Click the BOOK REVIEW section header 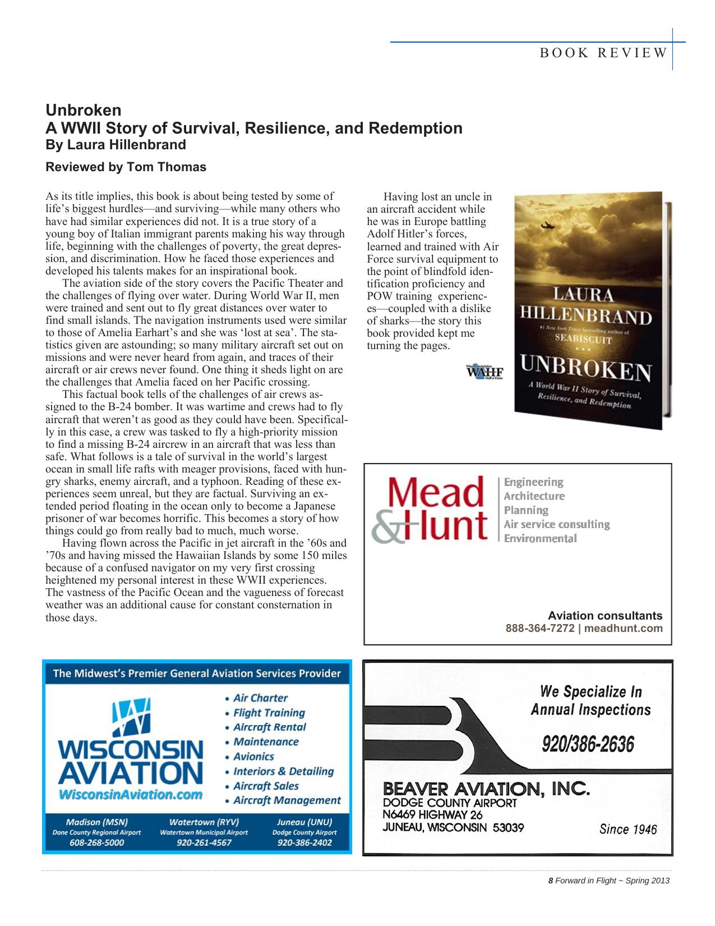click(603, 53)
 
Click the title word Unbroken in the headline click(83, 109)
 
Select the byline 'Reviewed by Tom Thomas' click(126, 167)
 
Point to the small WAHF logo click(484, 372)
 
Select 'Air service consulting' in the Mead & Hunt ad click(556, 524)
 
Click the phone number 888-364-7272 click(539, 629)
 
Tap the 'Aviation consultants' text click(605, 616)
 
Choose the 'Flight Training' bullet click(269, 713)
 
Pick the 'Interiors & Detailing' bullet click(283, 772)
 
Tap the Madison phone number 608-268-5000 click(96, 842)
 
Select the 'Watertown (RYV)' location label click(204, 822)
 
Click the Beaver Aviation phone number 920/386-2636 click(588, 745)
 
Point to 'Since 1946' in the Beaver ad click(628, 829)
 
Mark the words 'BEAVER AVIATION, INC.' click(486, 791)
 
